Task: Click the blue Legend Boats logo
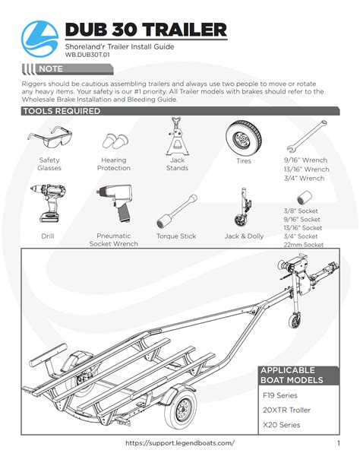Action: [x=39, y=39]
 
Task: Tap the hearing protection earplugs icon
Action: [x=115, y=141]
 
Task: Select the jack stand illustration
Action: [x=177, y=136]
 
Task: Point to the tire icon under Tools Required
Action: [x=244, y=138]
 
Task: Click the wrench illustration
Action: [x=307, y=136]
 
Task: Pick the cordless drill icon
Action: [x=49, y=203]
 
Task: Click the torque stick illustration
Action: [x=177, y=211]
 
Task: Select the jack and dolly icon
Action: [x=244, y=208]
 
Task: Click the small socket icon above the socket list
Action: [x=305, y=198]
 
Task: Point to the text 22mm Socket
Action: [x=303, y=245]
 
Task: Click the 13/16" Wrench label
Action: [x=306, y=169]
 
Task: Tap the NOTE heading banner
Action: [x=68, y=69]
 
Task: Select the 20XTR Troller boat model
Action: [x=286, y=411]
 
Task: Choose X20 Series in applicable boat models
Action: [x=282, y=425]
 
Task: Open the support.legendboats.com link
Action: [x=180, y=443]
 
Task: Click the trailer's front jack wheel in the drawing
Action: [x=294, y=321]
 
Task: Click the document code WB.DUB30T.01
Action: [x=87, y=55]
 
